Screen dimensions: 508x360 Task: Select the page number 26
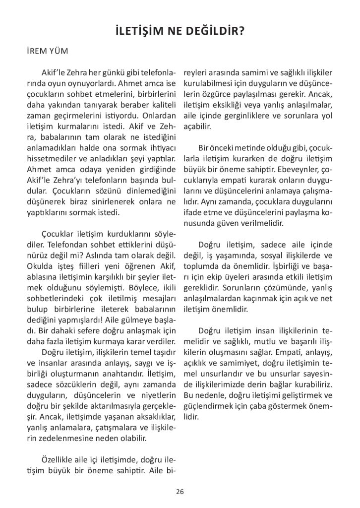180,491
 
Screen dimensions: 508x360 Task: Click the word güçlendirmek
208,406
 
